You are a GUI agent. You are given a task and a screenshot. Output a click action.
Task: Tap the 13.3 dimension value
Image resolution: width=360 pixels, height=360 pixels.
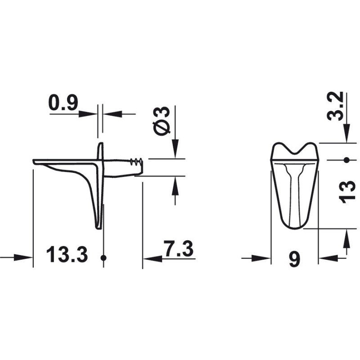67,254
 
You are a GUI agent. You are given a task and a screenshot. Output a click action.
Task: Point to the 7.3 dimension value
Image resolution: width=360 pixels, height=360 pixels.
178,248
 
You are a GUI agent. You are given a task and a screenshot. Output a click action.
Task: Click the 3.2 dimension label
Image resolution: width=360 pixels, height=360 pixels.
335,106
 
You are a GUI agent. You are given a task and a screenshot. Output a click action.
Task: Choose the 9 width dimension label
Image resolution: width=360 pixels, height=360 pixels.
295,259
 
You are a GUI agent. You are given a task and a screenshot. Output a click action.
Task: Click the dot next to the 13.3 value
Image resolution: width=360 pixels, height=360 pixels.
103,258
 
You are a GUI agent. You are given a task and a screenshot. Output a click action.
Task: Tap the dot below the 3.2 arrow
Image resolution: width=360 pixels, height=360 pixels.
346,160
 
